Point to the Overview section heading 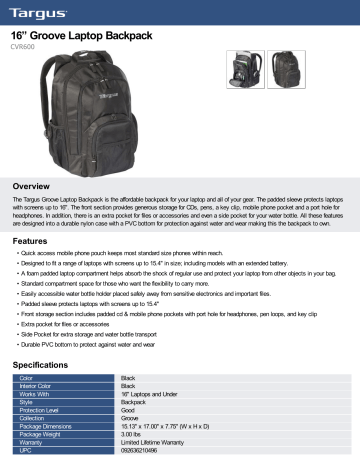tap(29, 187)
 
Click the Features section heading tap(29, 242)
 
